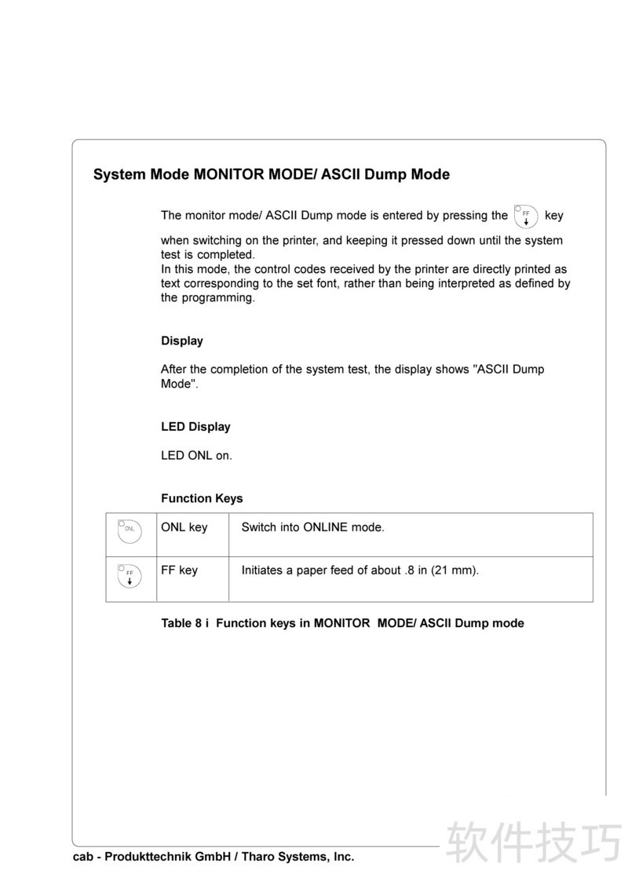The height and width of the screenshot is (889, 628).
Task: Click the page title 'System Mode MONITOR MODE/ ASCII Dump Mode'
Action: click(x=271, y=174)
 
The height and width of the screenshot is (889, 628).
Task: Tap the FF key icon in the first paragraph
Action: click(x=524, y=215)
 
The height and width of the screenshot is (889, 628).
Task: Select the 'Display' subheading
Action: click(x=182, y=341)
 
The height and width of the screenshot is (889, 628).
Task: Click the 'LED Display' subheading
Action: click(x=195, y=427)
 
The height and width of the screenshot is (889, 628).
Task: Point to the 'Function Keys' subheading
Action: click(x=202, y=498)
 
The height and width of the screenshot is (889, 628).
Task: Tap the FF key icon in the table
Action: click(x=130, y=576)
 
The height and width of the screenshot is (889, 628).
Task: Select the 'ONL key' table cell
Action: click(x=184, y=527)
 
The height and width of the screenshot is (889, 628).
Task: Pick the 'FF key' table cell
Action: click(x=179, y=570)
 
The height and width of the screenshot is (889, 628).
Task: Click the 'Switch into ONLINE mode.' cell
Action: click(x=312, y=527)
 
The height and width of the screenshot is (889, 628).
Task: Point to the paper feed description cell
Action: click(x=360, y=570)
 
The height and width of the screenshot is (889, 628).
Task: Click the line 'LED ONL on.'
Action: click(x=196, y=455)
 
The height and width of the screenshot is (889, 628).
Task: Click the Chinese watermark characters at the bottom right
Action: click(x=534, y=843)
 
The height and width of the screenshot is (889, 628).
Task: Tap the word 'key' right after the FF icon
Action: click(x=553, y=215)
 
